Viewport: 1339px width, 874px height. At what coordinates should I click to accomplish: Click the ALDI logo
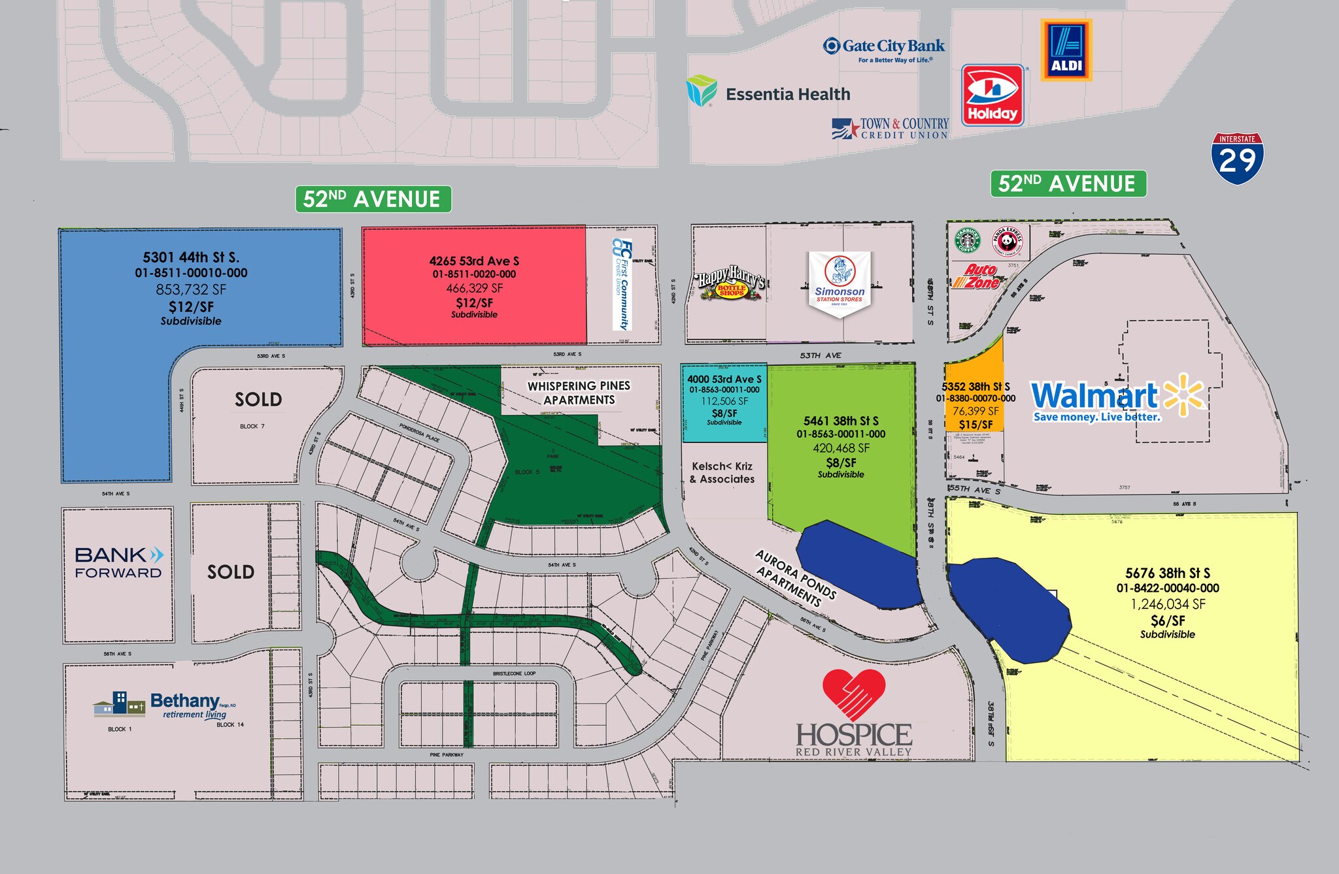click(1066, 50)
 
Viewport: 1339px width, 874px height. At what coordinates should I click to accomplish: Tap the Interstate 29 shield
click(1237, 158)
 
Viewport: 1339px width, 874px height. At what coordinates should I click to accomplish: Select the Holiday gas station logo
click(992, 95)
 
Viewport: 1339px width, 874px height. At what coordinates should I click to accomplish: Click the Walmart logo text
click(1094, 396)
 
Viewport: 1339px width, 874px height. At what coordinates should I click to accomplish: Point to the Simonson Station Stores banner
click(839, 282)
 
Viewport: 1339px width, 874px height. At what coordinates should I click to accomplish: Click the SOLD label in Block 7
click(258, 399)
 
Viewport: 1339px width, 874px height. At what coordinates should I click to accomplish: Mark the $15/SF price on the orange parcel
click(975, 425)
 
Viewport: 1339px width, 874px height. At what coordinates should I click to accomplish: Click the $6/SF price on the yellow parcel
click(1168, 621)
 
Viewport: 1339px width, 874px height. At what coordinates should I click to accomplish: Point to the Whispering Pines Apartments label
click(579, 393)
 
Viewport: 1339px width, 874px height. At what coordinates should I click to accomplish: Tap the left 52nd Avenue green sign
click(373, 199)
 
